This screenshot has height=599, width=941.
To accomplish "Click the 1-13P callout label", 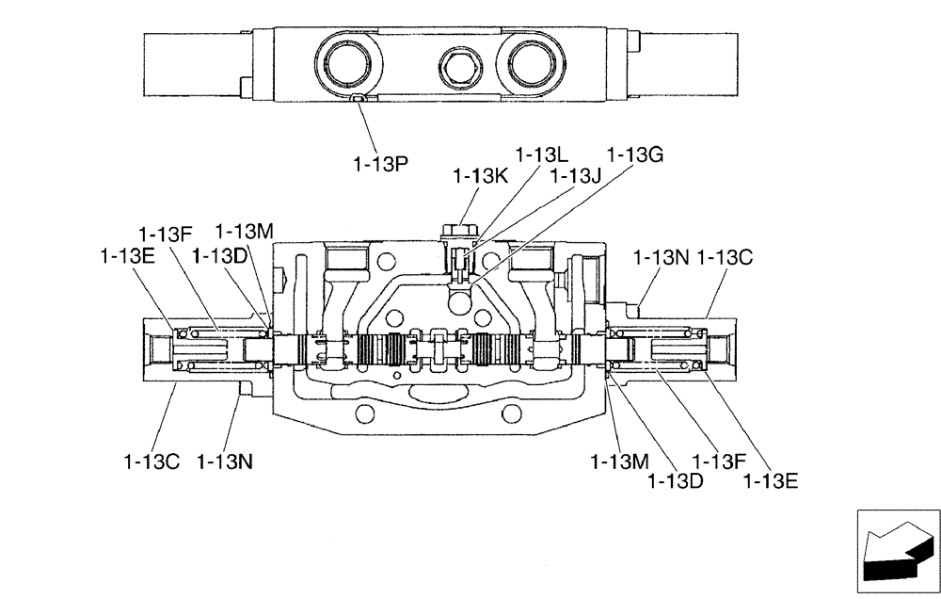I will [380, 164].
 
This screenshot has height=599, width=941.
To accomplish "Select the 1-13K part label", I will [480, 175].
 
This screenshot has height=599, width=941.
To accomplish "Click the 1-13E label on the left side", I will [126, 255].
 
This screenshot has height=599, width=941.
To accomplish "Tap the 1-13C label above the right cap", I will [726, 255].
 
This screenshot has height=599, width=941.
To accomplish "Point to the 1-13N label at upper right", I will [662, 255].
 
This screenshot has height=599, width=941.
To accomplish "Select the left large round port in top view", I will [351, 65].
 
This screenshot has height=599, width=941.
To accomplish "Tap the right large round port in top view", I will [534, 65].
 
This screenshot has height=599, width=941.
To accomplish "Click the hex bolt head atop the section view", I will [458, 229].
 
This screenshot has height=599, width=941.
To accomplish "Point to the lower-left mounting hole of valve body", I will [366, 413].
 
